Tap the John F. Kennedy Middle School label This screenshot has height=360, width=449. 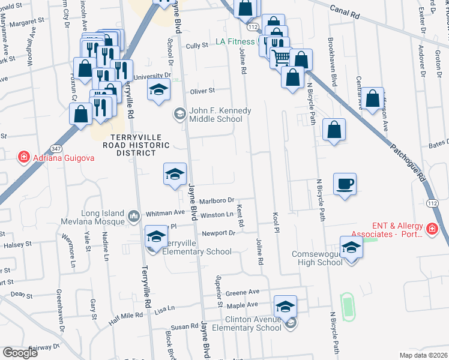[216, 115]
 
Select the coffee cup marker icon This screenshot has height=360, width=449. [345, 184]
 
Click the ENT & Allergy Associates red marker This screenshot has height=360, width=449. [431, 229]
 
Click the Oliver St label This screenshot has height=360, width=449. [202, 91]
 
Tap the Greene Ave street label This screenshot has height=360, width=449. [247, 292]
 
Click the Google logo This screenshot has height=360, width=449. [20, 352]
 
